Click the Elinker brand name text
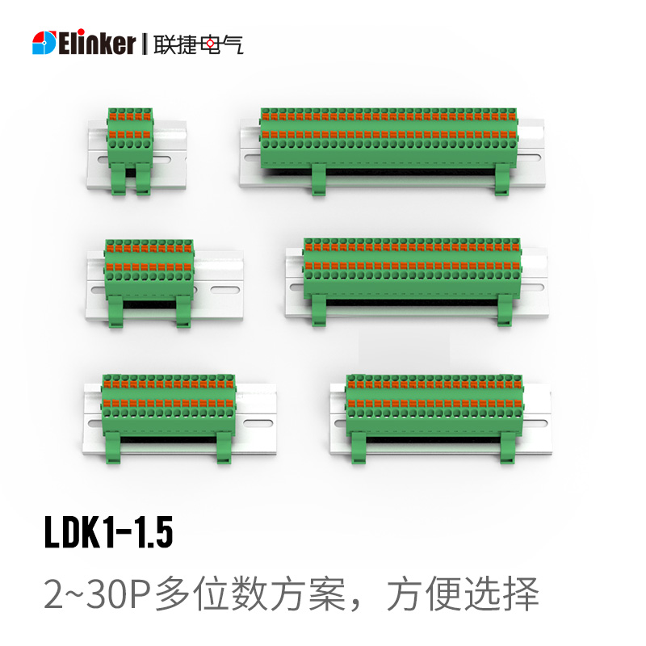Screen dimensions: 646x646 point(97,43)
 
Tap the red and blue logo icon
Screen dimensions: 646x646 point(44,43)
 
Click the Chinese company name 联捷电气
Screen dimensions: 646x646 point(199,44)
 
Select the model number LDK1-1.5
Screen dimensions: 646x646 point(108,532)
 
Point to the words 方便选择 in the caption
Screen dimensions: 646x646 point(463,594)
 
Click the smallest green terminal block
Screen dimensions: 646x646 point(130,151)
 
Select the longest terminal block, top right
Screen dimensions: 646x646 point(388,151)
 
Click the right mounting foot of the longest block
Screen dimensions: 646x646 point(502,179)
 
